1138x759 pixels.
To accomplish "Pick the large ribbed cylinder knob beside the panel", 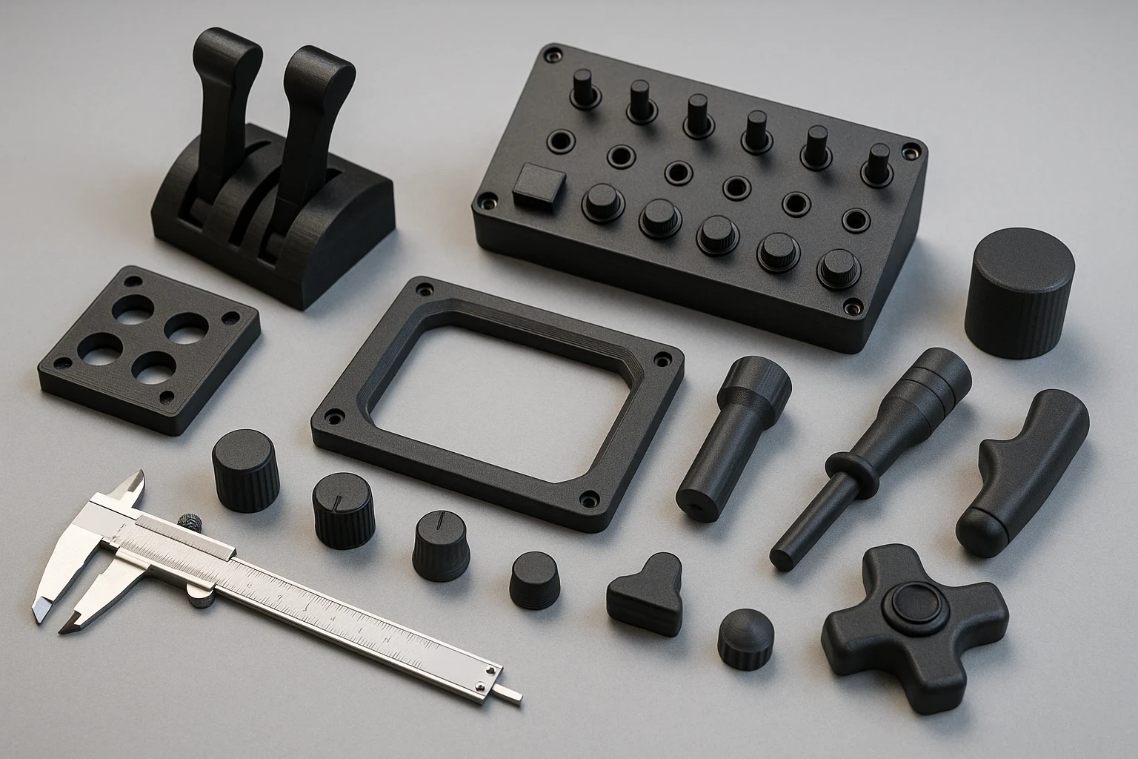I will [x=1019, y=293].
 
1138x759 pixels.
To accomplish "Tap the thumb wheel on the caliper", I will [x=191, y=521].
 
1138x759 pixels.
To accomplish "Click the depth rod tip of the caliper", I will [x=511, y=695].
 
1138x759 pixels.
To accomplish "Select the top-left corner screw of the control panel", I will [x=552, y=56].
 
